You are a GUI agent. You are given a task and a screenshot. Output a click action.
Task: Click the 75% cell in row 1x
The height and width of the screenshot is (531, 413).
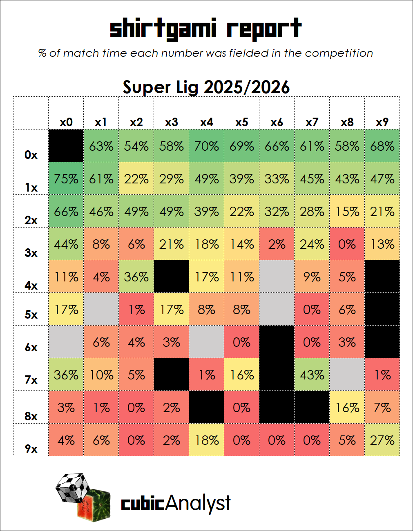[x=66, y=178]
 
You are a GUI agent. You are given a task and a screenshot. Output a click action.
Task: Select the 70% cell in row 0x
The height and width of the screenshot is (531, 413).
[x=207, y=146]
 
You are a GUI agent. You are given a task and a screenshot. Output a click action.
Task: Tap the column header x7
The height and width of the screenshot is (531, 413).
[x=312, y=122]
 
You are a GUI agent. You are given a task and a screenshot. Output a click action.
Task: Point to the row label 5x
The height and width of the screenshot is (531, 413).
[x=31, y=315]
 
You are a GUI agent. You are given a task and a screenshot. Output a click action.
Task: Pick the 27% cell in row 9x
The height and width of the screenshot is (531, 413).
[x=382, y=440]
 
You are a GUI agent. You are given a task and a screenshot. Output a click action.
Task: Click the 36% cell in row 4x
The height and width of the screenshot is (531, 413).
[x=136, y=277]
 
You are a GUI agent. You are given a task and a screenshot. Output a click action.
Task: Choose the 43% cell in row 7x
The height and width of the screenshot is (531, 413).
[x=312, y=375]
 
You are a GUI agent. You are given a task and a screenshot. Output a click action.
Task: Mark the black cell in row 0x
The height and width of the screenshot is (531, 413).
[x=66, y=146]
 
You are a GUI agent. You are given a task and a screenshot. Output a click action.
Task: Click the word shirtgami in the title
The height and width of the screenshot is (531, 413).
[x=163, y=29]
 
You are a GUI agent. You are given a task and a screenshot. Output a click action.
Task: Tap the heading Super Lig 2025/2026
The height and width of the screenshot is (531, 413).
[x=206, y=87]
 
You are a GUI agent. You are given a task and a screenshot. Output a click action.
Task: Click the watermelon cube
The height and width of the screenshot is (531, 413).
[x=94, y=506]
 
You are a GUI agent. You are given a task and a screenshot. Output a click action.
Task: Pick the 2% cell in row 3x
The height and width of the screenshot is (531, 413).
[x=277, y=244]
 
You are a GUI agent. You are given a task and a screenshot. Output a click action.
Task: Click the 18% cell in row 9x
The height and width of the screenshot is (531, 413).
[x=207, y=440]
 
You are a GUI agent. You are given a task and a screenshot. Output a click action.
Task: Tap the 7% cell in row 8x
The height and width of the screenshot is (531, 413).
[x=382, y=407]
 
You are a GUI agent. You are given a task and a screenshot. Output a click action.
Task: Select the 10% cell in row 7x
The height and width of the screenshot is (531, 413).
[x=101, y=375]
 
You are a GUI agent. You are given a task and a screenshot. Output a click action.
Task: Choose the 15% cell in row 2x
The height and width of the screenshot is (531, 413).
[x=347, y=211]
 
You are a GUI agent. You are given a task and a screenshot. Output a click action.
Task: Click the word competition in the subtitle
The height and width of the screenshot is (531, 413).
[x=339, y=54]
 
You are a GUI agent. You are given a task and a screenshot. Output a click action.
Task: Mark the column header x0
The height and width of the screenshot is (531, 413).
[x=66, y=122]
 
